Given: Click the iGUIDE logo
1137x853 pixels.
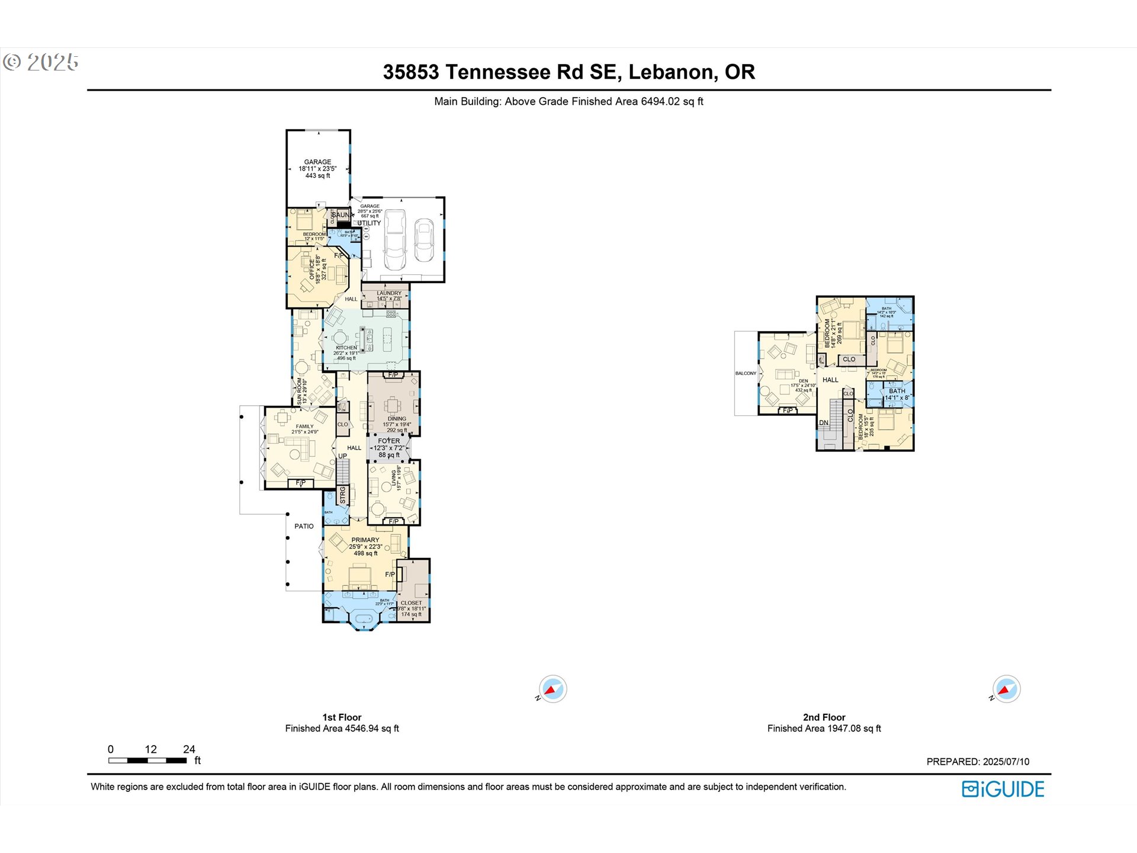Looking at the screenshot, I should coord(1003,789).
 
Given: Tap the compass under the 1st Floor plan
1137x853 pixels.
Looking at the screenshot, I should coord(553,689).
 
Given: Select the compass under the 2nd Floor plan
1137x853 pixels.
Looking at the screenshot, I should coord(1006,689).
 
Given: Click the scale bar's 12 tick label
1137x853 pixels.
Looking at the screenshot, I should coord(150,749).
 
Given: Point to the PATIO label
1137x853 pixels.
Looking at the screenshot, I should coord(304,526).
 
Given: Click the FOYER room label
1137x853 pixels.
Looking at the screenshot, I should coord(389,441).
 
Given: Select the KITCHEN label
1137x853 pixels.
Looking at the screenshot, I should coord(346,348).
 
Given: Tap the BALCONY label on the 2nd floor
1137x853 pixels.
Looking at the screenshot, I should coord(746,373).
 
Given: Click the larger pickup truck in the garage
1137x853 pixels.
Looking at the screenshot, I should coord(395,239).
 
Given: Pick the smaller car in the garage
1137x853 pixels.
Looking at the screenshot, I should coord(424,240).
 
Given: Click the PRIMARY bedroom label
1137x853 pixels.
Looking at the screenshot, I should coord(365,540).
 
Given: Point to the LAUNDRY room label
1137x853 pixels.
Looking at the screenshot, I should coord(389,293).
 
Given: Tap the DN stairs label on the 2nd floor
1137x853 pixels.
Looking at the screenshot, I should coord(823,423).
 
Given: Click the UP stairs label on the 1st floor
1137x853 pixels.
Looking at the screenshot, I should coord(342,456).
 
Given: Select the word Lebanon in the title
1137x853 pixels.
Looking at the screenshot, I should coord(671,72).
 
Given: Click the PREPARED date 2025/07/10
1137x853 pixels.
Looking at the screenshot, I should coord(1006,762).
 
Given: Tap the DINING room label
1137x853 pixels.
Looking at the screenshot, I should coord(397,419).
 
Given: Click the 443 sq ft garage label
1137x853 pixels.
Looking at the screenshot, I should coord(317,175).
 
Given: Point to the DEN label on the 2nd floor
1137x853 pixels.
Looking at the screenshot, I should coord(803,381).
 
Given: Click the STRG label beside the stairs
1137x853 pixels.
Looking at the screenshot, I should coord(342,495).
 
